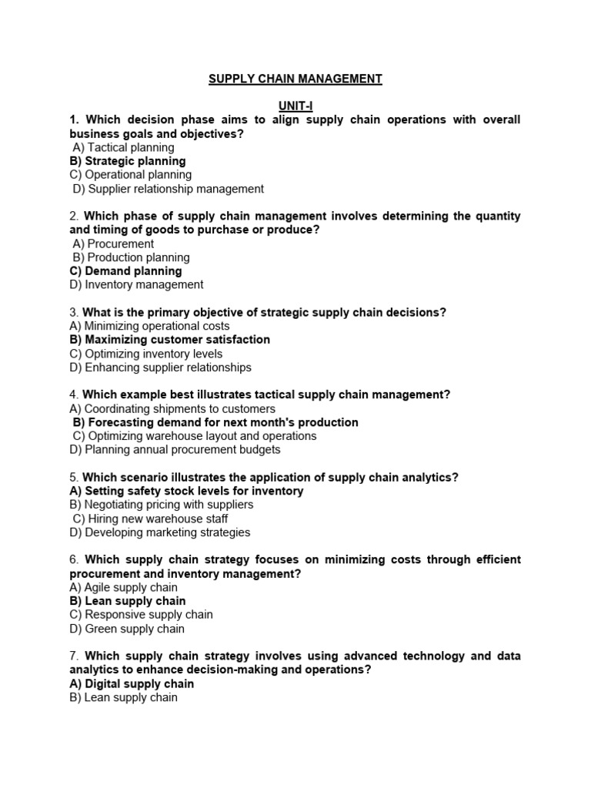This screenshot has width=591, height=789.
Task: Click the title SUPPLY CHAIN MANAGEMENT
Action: click(x=295, y=79)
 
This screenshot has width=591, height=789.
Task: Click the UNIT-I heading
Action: click(x=295, y=106)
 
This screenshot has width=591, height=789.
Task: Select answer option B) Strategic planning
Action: click(x=128, y=161)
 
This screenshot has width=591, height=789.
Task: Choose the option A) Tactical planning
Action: click(x=123, y=147)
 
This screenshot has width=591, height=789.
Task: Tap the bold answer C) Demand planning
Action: click(x=125, y=271)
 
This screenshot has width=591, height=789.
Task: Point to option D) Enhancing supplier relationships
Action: click(x=160, y=368)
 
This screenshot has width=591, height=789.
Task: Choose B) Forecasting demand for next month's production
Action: click(x=215, y=422)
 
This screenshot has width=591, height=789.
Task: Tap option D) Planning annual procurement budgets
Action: click(x=175, y=450)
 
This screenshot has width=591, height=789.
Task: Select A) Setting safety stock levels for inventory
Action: click(x=186, y=491)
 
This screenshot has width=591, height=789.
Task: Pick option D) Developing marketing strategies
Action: click(x=159, y=532)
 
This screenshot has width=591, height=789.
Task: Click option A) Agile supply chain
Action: click(x=123, y=587)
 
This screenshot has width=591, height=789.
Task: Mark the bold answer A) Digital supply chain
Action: click(x=132, y=683)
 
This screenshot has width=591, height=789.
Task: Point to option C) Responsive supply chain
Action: click(x=141, y=615)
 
